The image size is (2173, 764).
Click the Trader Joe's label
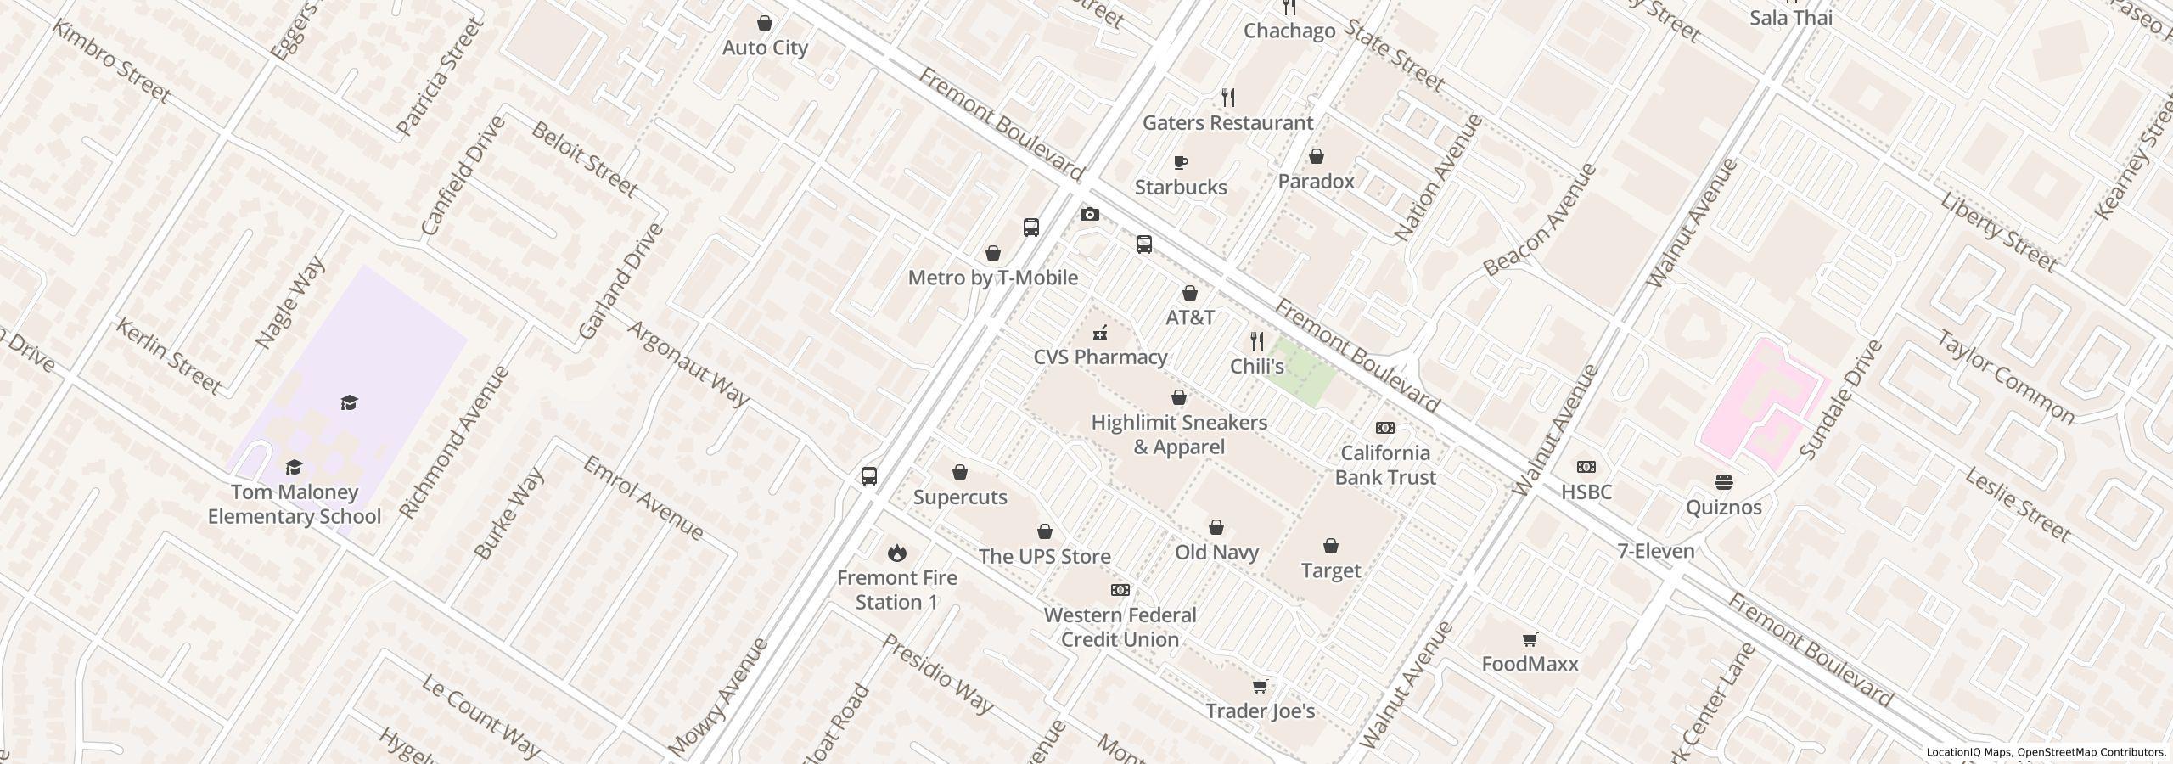point(1260,711)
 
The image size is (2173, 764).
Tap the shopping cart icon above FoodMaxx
point(1530,639)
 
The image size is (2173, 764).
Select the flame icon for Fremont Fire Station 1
point(896,553)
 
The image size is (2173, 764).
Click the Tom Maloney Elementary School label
point(294,504)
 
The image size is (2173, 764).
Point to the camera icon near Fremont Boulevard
point(1089,215)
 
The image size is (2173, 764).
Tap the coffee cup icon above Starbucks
point(1180,162)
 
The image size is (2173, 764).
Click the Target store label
point(1330,570)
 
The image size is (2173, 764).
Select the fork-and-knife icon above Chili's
point(1257,341)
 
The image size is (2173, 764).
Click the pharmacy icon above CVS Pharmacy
point(1100,333)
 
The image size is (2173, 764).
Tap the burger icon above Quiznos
point(1723,482)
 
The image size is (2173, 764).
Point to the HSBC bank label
point(1586,492)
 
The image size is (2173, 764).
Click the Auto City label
point(764,48)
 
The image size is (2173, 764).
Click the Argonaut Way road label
point(688,363)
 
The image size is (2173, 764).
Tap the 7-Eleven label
point(1655,551)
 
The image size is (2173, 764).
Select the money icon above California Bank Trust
point(1384,428)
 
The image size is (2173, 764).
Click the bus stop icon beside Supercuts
point(868,476)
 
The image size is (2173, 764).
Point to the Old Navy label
point(1216,552)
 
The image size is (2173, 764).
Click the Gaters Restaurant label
point(1227,122)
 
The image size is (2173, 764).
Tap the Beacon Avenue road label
point(1540,220)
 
